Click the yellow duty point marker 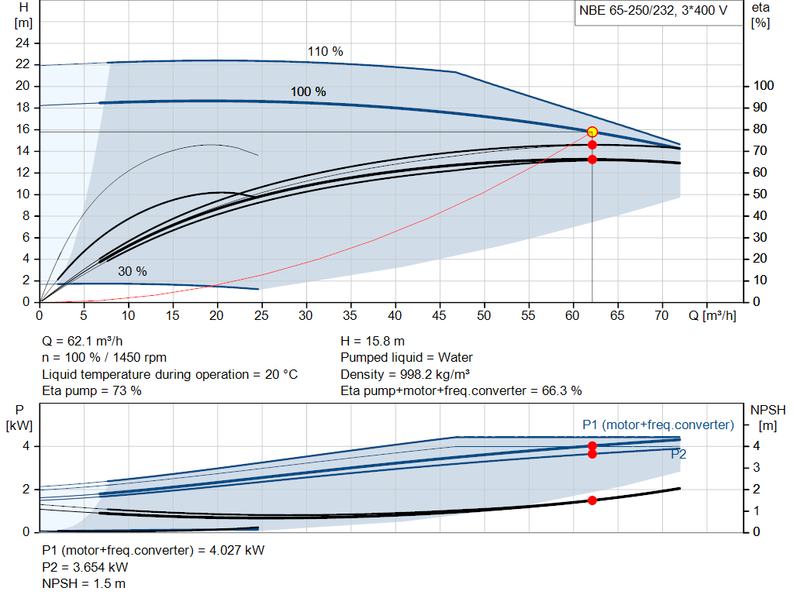[x=592, y=132]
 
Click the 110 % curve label [x=325, y=52]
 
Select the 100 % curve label [x=308, y=91]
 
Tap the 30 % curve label [x=132, y=272]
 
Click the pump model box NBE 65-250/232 [x=653, y=11]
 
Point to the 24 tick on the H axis [x=23, y=43]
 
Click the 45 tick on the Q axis [x=440, y=316]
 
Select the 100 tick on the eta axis [x=765, y=86]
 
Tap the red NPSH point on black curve [x=592, y=500]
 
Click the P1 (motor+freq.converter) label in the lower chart [x=658, y=425]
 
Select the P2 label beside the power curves [x=678, y=455]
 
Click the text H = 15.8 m [x=373, y=341]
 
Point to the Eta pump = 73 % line [x=91, y=390]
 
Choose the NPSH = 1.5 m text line [x=84, y=583]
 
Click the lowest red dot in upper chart [x=592, y=160]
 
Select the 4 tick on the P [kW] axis [x=26, y=446]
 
